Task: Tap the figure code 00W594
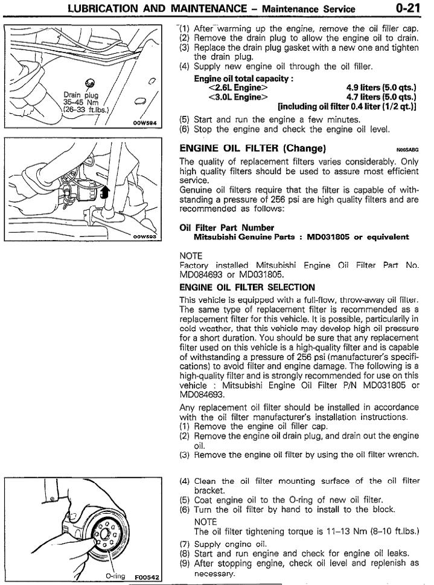[x=145, y=122]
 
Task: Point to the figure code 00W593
[x=145, y=237]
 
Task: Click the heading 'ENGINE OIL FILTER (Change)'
[x=253, y=148]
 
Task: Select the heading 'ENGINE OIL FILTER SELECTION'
[x=247, y=287]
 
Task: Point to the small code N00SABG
[x=407, y=149]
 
